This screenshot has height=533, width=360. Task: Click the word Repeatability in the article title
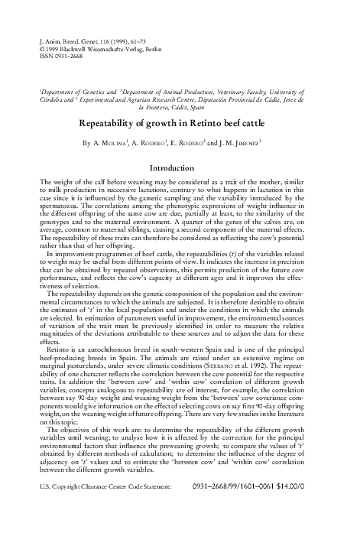click(x=122, y=122)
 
